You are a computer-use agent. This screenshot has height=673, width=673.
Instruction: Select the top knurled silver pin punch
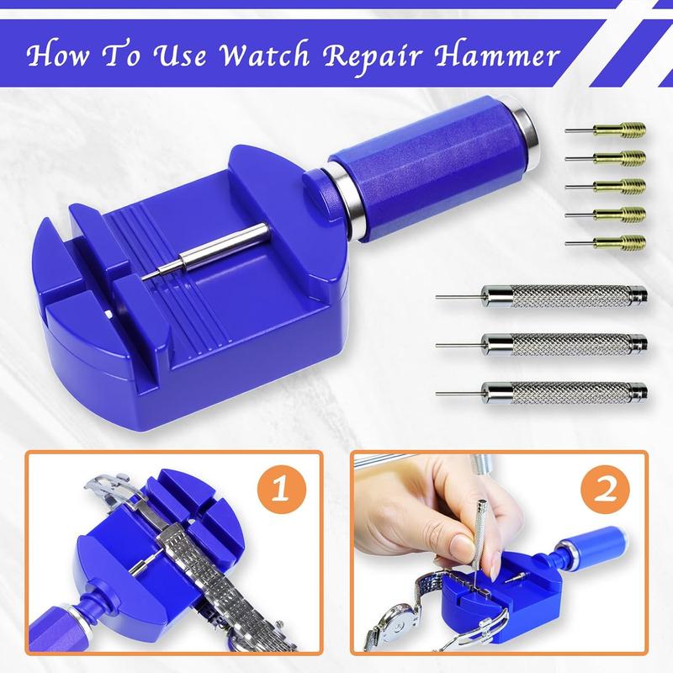564,297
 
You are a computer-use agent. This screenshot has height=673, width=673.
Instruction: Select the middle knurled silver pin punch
564,343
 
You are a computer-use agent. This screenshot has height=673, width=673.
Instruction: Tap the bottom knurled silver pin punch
564,389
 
